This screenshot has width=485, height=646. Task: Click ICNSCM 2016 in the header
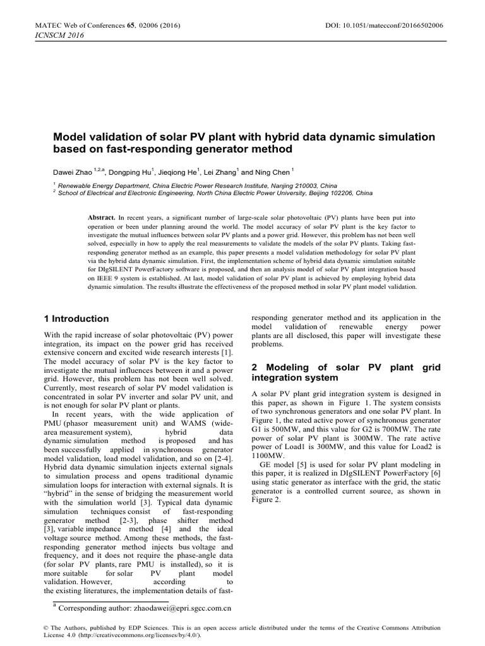46,35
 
